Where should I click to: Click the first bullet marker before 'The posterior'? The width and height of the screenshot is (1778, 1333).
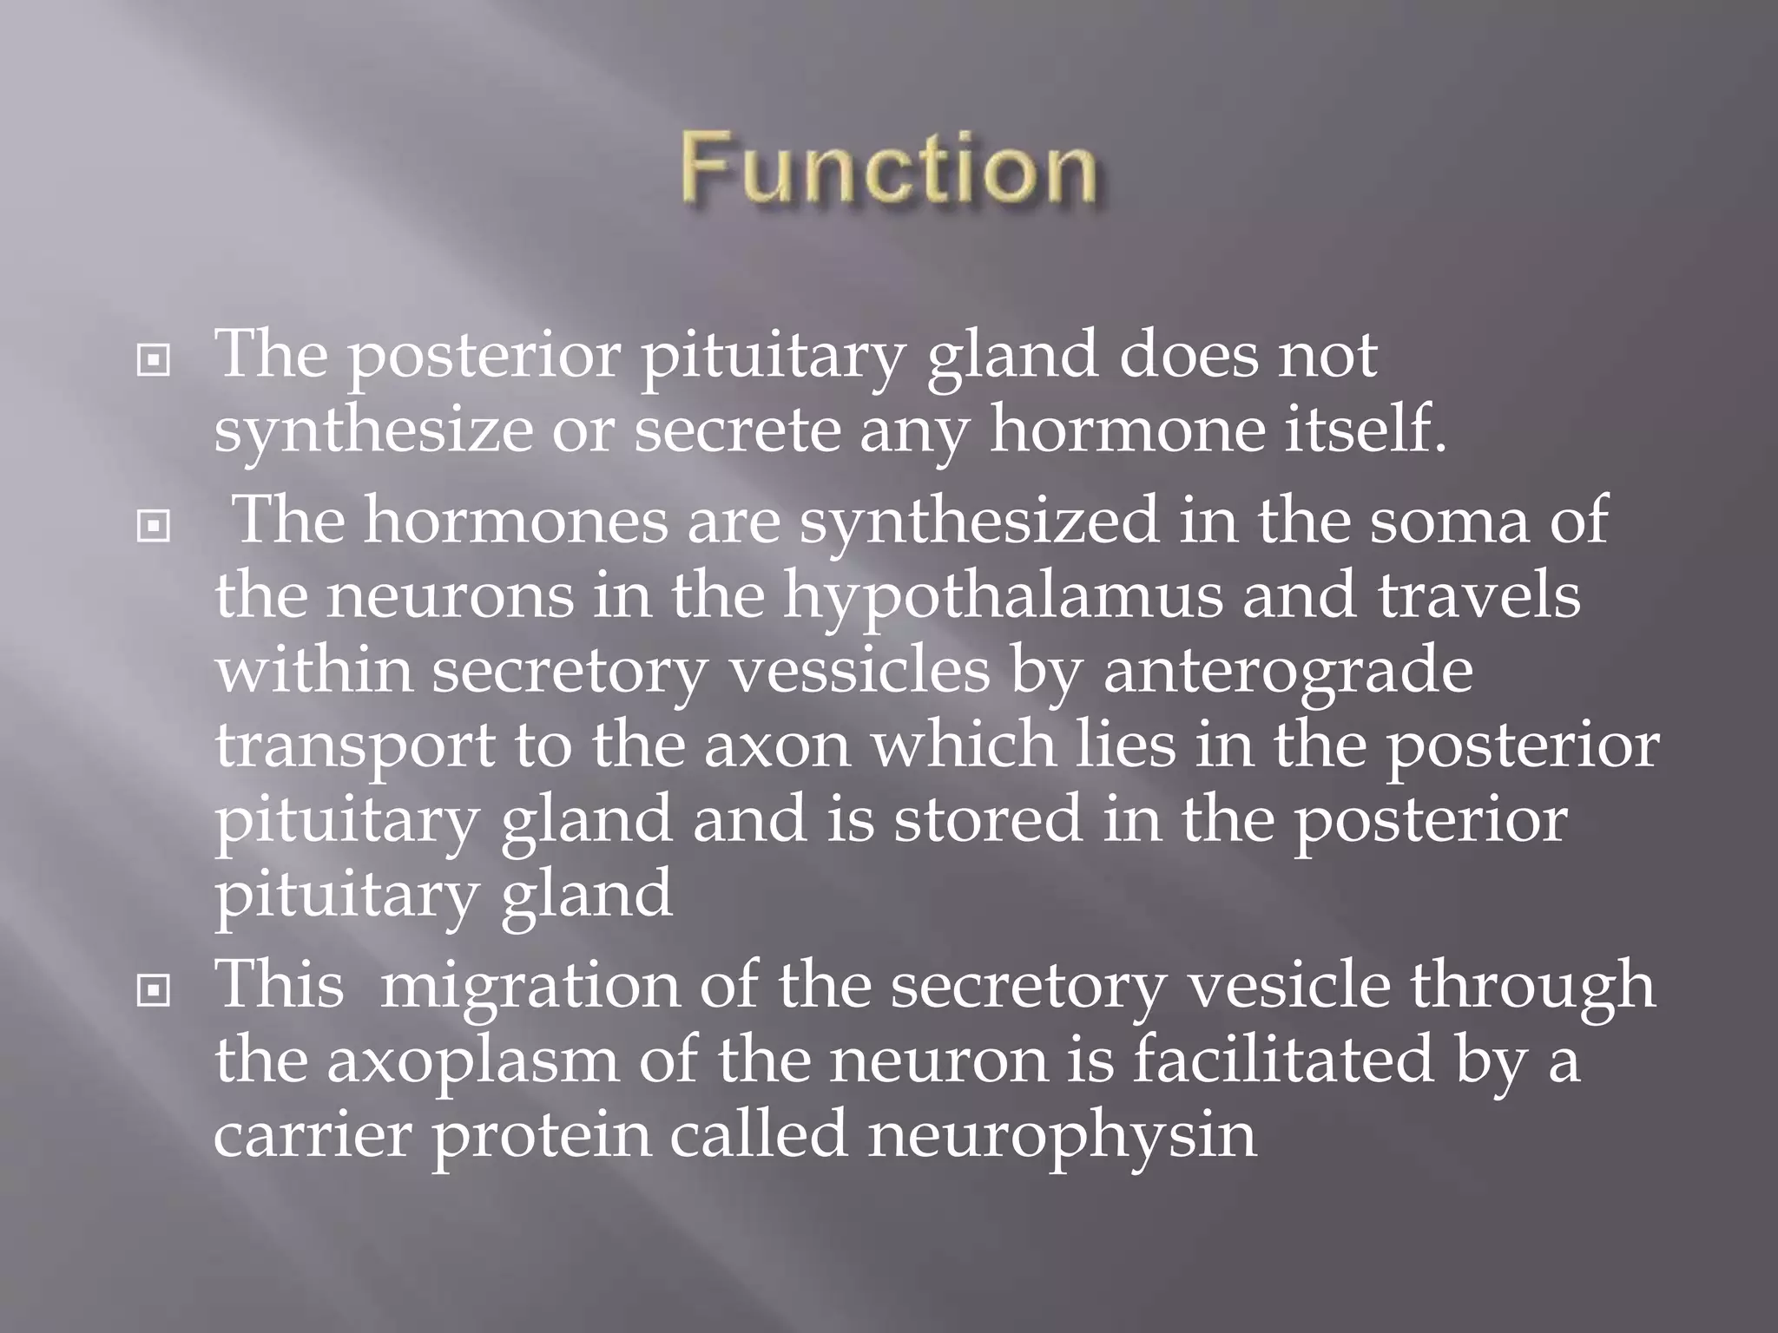[154, 359]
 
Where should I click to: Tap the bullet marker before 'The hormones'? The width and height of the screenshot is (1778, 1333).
[154, 524]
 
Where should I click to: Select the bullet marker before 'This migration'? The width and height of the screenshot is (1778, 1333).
[154, 990]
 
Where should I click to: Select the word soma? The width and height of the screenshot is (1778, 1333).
[1449, 522]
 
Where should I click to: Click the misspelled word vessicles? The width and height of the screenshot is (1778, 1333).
[859, 671]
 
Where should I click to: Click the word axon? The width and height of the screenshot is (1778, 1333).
[777, 745]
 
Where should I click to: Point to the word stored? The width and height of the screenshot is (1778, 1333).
[988, 819]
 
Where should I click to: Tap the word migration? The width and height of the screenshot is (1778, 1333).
[530, 987]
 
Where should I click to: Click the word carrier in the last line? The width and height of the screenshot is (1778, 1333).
[312, 1134]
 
